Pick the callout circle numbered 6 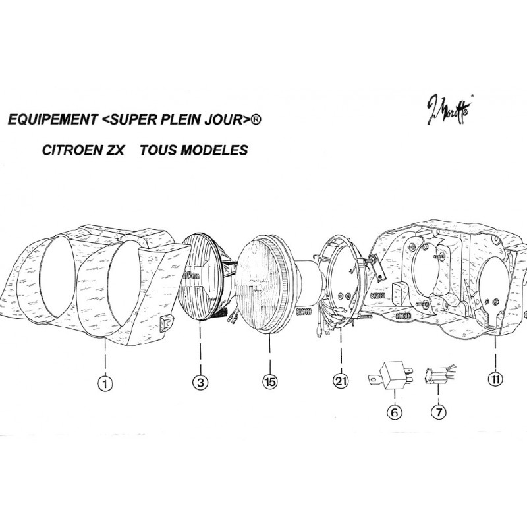coord(393,412)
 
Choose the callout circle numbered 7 coord(438,412)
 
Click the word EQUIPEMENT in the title coord(49,121)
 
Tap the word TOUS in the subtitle coord(156,150)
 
